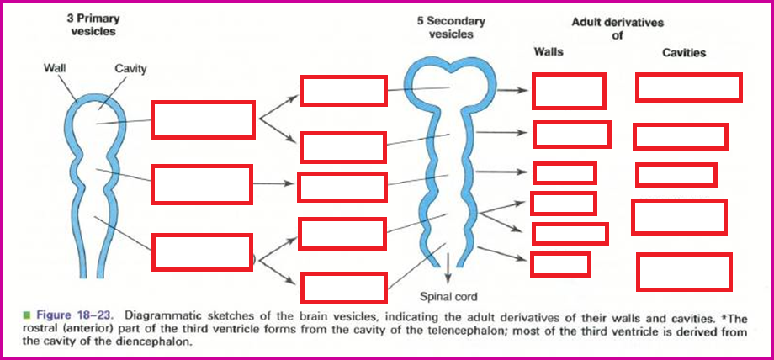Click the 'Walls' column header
pyautogui.click(x=549, y=52)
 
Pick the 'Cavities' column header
pyautogui.click(x=684, y=52)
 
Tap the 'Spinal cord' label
pyautogui.click(x=448, y=296)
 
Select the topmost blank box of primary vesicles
pyautogui.click(x=203, y=119)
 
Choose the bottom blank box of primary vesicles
pyautogui.click(x=203, y=252)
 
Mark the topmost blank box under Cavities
pyautogui.click(x=688, y=87)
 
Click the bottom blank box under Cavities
pyautogui.click(x=684, y=272)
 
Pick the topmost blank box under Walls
pyautogui.click(x=569, y=91)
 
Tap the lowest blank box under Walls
pyautogui.click(x=560, y=264)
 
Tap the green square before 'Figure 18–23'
pyautogui.click(x=27, y=317)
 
